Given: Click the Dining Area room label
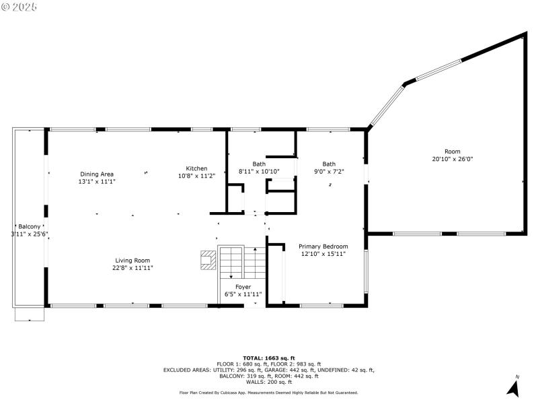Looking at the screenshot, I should point(97,174).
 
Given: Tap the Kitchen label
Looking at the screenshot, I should point(196,168).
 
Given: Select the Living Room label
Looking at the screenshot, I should point(132,261).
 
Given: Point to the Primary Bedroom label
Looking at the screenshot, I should point(323,246).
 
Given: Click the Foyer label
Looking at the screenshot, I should point(243,287).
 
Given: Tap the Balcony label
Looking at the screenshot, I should point(29,226).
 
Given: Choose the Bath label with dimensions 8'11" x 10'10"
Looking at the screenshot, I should point(259,164).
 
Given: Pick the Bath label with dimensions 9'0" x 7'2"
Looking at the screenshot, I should point(329,164).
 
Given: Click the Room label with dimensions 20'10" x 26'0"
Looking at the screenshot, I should point(452,151).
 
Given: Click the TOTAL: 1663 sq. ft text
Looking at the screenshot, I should point(269,358).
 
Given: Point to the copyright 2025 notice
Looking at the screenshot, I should point(20,6).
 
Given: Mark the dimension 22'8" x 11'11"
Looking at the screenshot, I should point(132,268).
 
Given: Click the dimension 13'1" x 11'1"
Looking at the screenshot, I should point(97,181).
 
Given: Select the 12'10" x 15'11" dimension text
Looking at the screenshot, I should point(323,254).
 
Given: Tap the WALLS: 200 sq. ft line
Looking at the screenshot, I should point(269,382).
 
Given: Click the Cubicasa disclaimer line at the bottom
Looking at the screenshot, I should point(269,393).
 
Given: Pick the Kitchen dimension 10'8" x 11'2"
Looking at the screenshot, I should point(196,176).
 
